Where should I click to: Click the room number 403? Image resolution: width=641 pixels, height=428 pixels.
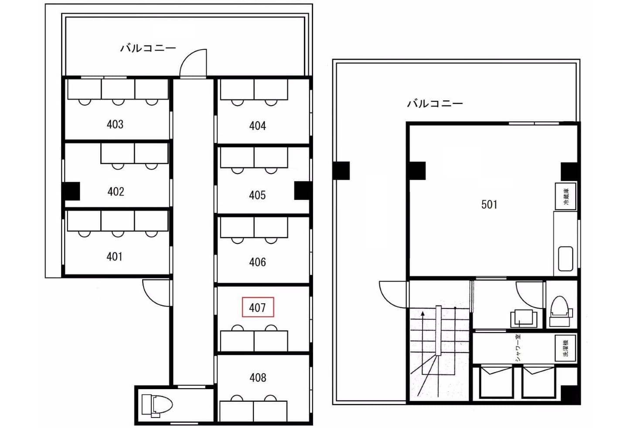point(115,124)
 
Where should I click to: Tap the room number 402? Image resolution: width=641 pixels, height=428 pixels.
point(116,192)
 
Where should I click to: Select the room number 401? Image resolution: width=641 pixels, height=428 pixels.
point(114,257)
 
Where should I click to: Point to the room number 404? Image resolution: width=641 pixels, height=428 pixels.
point(258,126)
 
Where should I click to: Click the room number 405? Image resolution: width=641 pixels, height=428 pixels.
point(257,195)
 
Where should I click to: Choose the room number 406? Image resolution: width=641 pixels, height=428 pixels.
point(258,262)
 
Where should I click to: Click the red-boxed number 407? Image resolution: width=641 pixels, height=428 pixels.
point(258,308)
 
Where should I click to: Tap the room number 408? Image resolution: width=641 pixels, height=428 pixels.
point(258,378)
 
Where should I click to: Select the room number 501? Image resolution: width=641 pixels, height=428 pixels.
point(489,205)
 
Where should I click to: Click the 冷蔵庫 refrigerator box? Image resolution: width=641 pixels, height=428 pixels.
point(566,196)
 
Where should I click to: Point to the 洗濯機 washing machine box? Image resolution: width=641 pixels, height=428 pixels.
point(566,348)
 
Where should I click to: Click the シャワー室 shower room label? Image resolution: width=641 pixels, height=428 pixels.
point(518,348)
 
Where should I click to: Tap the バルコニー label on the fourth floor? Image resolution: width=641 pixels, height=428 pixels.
point(148,48)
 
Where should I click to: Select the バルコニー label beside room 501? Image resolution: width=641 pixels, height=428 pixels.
point(435,103)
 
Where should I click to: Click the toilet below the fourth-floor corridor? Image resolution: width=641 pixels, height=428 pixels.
point(157,405)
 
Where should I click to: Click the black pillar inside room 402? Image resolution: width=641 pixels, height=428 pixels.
point(71,191)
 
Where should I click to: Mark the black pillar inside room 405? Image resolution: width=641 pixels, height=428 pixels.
point(303,190)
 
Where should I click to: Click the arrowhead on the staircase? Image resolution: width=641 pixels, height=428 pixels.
point(423,314)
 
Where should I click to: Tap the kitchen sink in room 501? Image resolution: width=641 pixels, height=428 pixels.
point(566,259)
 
